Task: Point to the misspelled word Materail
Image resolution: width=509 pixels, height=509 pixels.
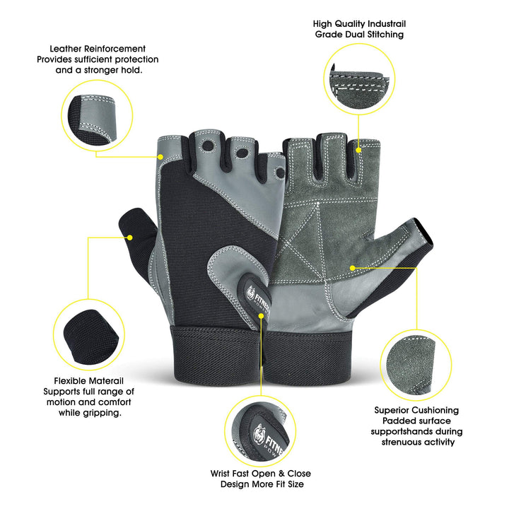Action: click(110, 380)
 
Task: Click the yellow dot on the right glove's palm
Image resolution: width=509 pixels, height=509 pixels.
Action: click(353, 267)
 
